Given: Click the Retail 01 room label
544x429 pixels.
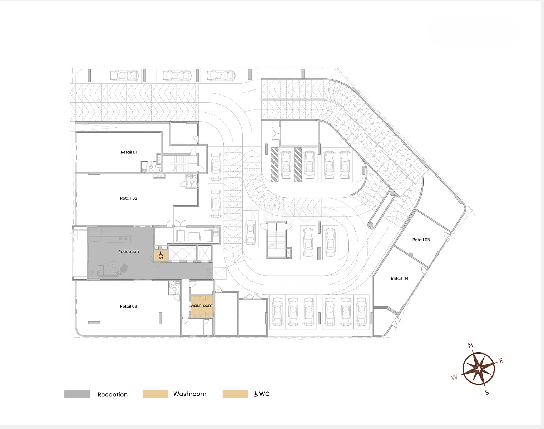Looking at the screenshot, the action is [x=129, y=152].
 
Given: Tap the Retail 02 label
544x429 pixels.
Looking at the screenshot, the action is [x=129, y=198].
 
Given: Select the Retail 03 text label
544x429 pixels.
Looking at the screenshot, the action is [x=128, y=306].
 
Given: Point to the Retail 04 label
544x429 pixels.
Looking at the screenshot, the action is [x=400, y=278].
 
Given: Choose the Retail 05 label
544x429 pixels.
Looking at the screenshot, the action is [x=421, y=240].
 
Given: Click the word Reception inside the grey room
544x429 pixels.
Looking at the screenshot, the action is [x=129, y=252].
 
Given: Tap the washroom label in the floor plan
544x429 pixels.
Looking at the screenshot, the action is [x=202, y=306].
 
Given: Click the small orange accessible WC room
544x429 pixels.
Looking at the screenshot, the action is [x=161, y=256].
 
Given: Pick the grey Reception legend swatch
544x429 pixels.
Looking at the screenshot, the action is [x=77, y=394].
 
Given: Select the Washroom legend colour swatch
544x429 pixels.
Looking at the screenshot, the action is [x=155, y=394].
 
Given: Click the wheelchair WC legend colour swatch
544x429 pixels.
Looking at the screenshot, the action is [x=235, y=394].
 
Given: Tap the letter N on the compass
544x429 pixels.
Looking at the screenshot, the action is [x=470, y=345].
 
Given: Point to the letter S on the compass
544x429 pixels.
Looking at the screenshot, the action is [x=487, y=393].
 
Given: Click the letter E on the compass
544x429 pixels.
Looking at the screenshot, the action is [x=501, y=361].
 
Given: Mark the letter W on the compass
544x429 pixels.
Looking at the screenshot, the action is [x=454, y=377].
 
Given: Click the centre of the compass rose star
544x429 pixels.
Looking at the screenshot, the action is [x=479, y=369].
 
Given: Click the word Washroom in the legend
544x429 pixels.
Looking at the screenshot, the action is [x=190, y=394].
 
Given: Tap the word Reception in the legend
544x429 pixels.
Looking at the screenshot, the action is [x=113, y=395].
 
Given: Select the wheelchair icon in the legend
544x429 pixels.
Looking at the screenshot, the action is [x=256, y=394].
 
